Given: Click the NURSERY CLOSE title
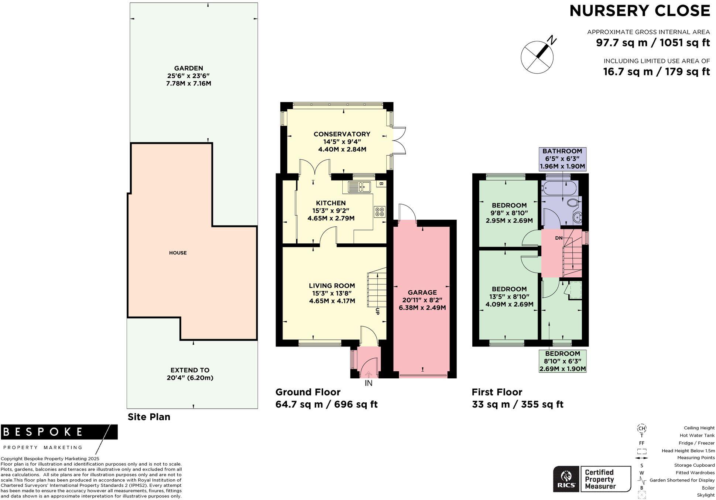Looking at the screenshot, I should click(x=640, y=11).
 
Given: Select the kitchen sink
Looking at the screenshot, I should click(x=359, y=187).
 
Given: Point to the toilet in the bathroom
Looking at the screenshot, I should click(x=573, y=203).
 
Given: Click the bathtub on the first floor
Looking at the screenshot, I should click(x=559, y=188).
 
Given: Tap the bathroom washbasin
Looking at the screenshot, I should click(x=577, y=217).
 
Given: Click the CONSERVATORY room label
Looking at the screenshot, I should click(x=342, y=134).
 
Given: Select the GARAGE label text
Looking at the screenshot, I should click(x=422, y=293).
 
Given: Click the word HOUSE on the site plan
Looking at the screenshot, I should click(x=178, y=253).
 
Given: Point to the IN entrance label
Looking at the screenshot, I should click(x=369, y=384).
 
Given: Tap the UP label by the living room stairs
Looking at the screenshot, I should click(x=377, y=311).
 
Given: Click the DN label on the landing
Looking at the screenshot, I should click(x=558, y=238).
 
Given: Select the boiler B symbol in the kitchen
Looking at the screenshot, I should click(x=381, y=184).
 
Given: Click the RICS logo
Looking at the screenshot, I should click(x=565, y=479).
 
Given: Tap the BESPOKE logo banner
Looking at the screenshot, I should click(x=59, y=432).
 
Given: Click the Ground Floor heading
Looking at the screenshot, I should click(x=308, y=392).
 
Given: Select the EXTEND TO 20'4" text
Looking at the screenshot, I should click(x=190, y=374).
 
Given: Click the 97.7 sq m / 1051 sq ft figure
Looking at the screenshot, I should click(x=652, y=43).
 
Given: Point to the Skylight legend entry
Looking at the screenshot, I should click(x=705, y=495).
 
